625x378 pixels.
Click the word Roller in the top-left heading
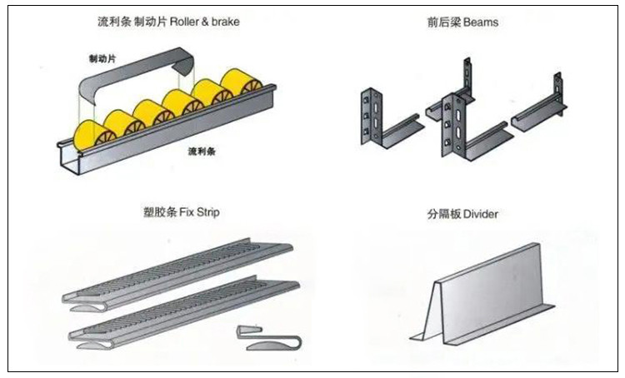187,21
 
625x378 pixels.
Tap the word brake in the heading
226,21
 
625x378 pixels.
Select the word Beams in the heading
481,22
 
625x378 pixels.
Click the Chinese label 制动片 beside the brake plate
102,59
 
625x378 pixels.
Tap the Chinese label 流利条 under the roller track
202,152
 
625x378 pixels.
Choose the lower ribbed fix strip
183,311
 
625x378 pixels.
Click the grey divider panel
483,291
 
